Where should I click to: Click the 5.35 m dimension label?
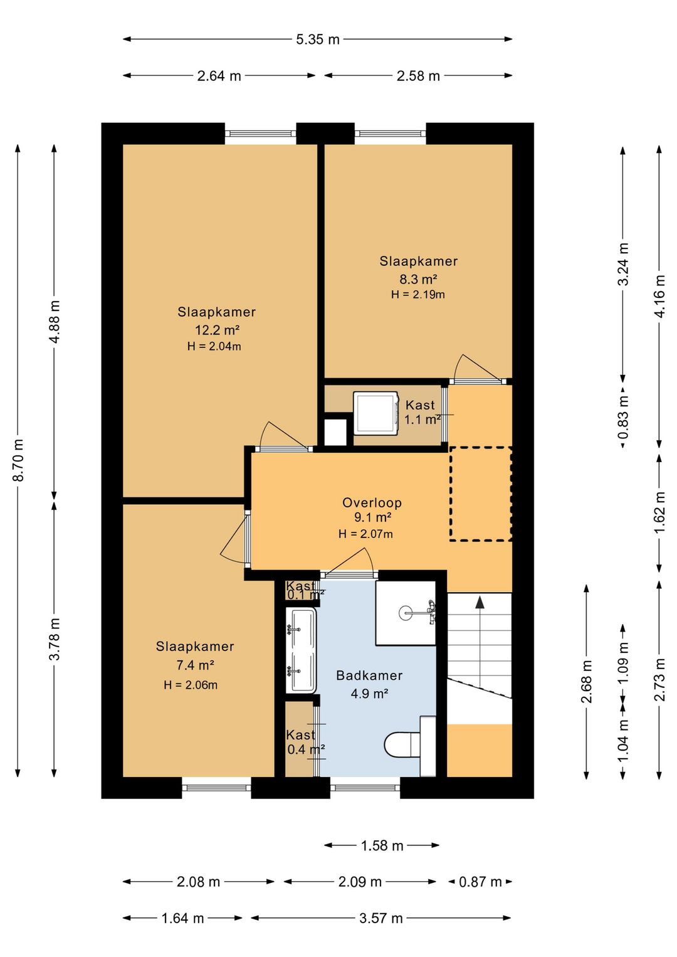tap(318, 40)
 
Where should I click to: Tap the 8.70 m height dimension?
tap(18, 460)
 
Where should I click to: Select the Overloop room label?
tap(372, 502)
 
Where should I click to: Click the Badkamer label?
tap(369, 675)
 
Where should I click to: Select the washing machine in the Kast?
tap(376, 413)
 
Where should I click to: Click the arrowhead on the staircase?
tap(480, 602)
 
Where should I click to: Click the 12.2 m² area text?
tap(217, 330)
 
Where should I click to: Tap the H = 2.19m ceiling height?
tap(418, 294)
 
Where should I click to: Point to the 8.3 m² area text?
tap(418, 280)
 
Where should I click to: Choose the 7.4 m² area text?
tap(195, 665)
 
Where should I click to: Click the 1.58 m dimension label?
tap(382, 845)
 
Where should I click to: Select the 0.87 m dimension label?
tap(480, 881)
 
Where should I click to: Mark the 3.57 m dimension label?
tap(381, 917)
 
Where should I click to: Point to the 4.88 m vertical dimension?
tap(55, 321)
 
